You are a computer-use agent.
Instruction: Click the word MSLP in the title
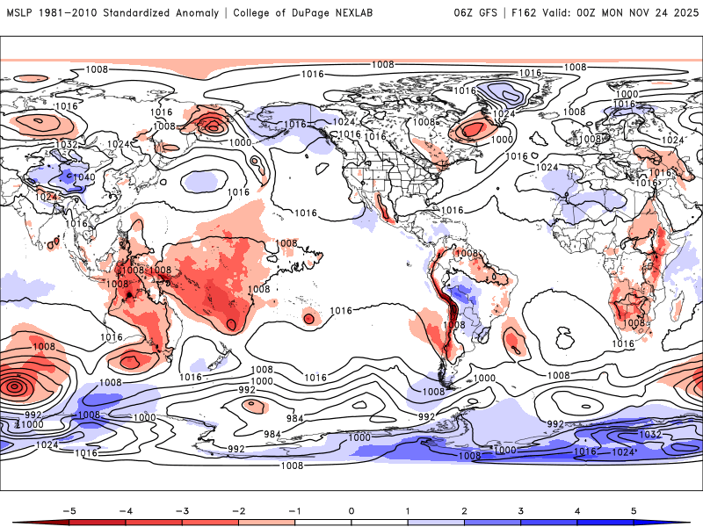21,13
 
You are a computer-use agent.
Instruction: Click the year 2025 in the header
682,13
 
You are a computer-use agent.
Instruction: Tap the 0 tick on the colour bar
351,509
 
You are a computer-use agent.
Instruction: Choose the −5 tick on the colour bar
69,509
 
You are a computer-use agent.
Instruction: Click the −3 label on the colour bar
182,509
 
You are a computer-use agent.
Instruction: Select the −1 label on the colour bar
294,509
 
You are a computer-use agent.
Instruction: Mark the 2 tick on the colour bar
464,509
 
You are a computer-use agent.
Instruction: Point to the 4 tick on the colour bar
577,509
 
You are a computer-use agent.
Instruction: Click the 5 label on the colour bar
634,509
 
